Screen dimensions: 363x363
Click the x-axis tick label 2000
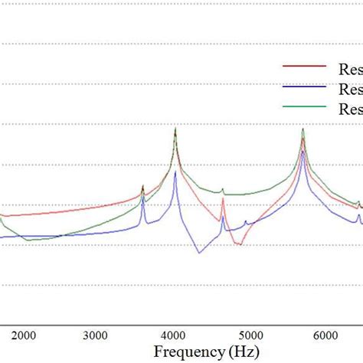click(x=24, y=335)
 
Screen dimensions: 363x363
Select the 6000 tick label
click(x=329, y=335)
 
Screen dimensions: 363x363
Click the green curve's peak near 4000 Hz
click(x=175, y=129)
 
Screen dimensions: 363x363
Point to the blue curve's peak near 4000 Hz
click(x=175, y=172)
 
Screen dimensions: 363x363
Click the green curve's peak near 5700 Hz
click(x=303, y=129)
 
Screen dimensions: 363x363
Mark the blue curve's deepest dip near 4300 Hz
click(x=199, y=253)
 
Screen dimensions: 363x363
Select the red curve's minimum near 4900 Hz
click(x=240, y=244)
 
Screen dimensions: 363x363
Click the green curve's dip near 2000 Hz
click(x=28, y=240)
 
